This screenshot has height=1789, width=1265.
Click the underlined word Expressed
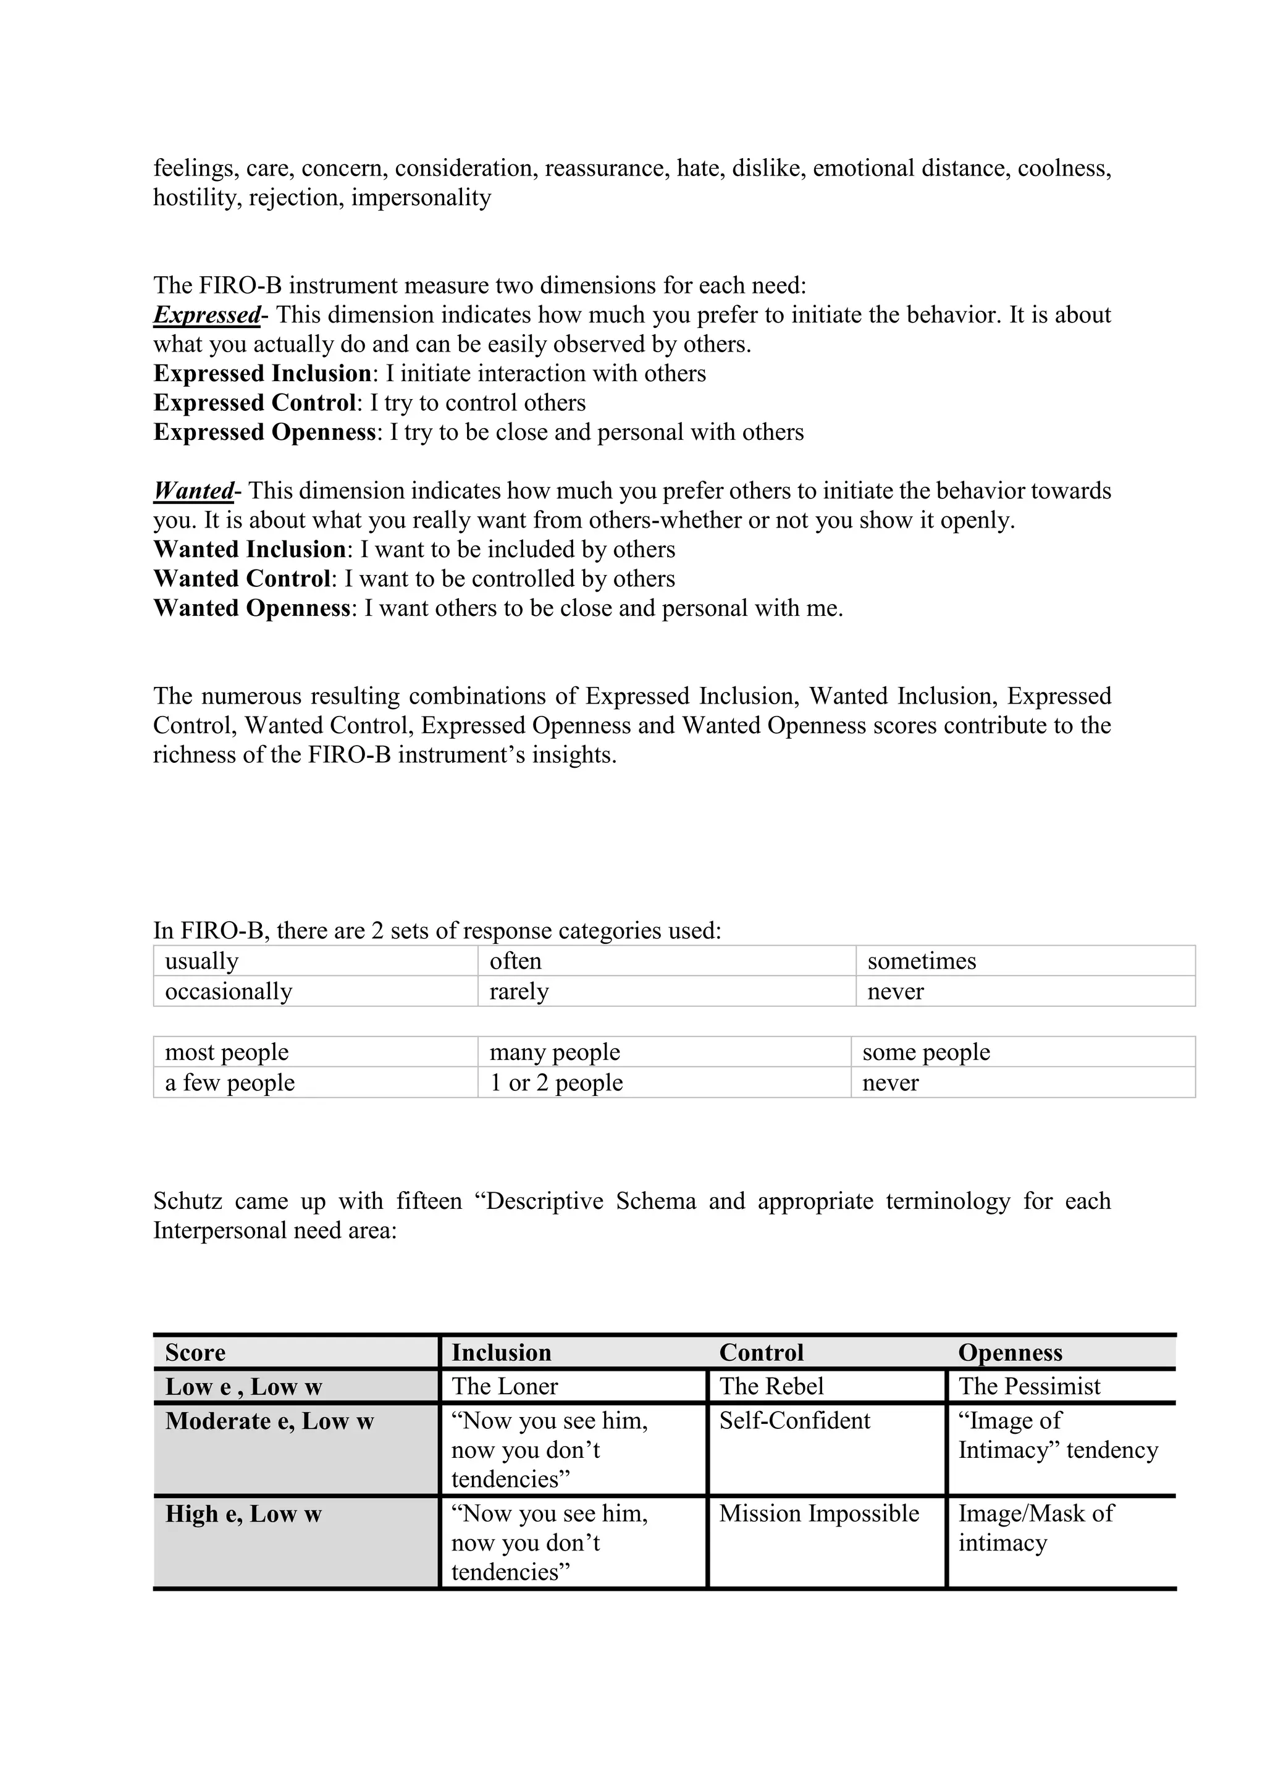pos(206,316)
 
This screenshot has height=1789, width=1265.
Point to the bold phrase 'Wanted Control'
pos(242,579)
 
